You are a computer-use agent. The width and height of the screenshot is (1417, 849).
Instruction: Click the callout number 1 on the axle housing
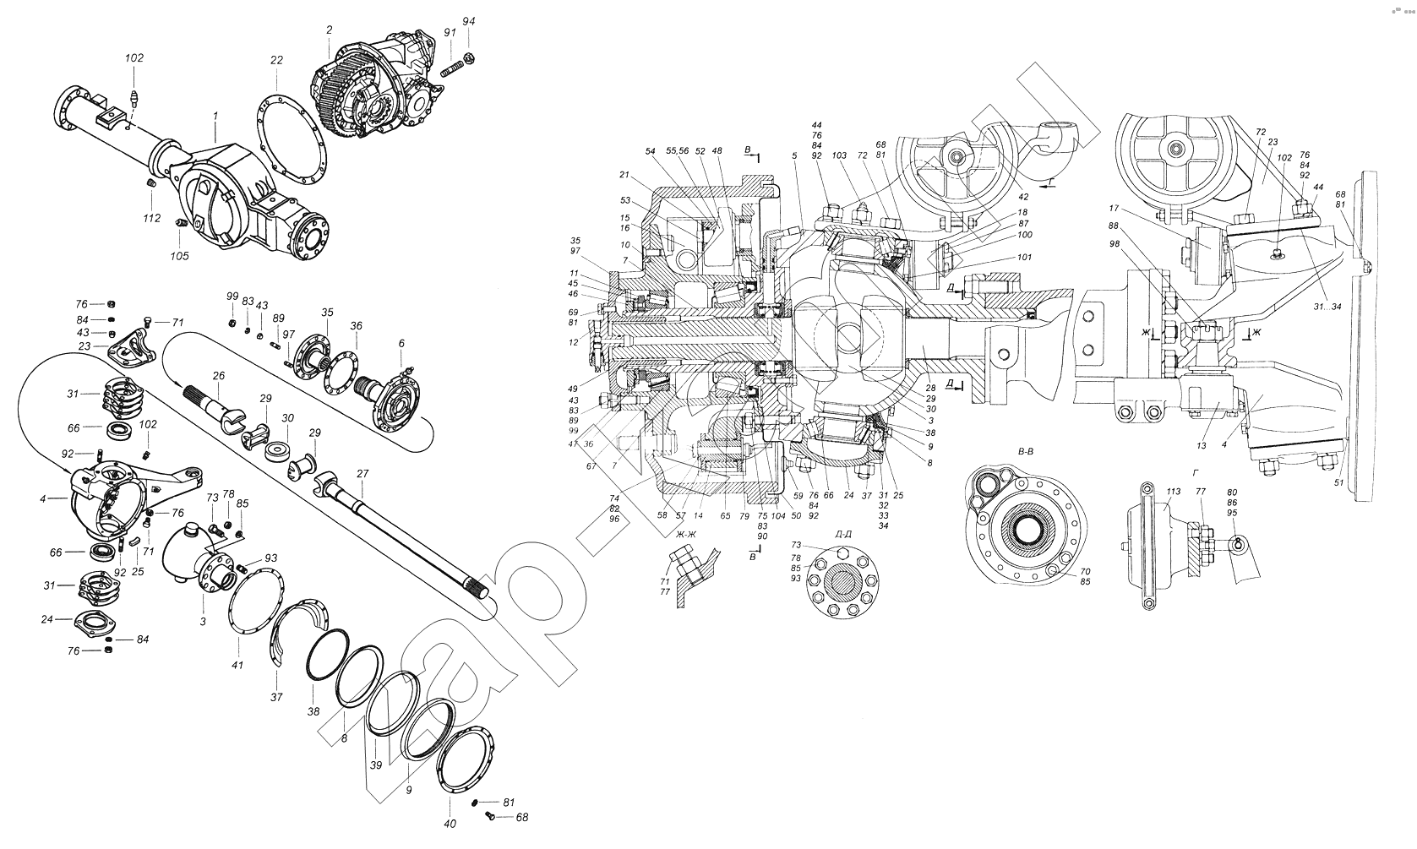[215, 114]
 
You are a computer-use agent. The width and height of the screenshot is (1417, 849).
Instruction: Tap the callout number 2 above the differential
[329, 30]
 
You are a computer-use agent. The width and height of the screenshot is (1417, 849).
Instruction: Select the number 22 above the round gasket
[276, 60]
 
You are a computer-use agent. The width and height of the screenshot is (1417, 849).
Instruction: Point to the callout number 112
[152, 219]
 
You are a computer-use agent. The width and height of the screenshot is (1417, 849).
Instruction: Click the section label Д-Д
[842, 533]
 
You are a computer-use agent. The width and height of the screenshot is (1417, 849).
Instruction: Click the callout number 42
[1023, 196]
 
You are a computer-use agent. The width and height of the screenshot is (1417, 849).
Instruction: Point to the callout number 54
[650, 151]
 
